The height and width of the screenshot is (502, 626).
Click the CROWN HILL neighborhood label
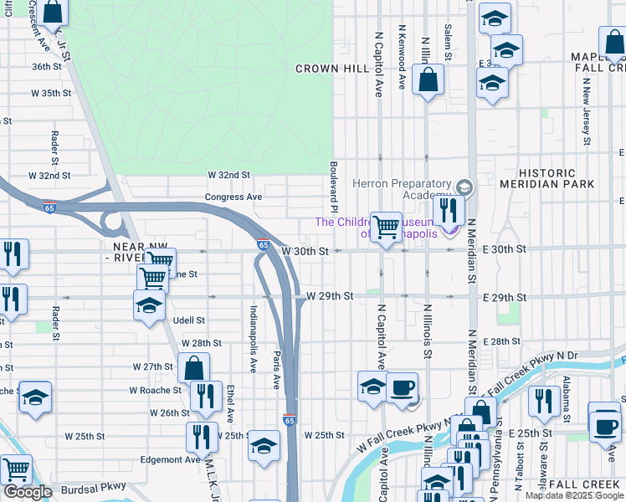click(329, 69)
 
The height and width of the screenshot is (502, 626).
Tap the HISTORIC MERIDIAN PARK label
click(558, 177)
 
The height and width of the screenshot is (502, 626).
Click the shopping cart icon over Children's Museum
click(386, 227)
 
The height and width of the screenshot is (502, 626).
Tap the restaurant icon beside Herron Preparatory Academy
click(449, 209)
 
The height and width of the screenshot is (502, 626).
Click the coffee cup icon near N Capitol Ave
click(402, 387)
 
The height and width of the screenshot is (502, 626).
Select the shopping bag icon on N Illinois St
click(428, 80)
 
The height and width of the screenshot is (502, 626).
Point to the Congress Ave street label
click(233, 197)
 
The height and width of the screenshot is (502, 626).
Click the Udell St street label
click(189, 320)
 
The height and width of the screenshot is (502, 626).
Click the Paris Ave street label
click(276, 369)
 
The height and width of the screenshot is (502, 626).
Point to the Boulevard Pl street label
click(332, 187)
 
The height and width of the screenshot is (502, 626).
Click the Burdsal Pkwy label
click(92, 486)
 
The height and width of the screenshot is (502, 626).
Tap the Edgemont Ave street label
click(170, 459)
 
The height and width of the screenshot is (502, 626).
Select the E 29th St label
click(504, 298)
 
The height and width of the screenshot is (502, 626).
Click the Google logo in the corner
click(27, 492)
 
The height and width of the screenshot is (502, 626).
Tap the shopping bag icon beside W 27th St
click(193, 368)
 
